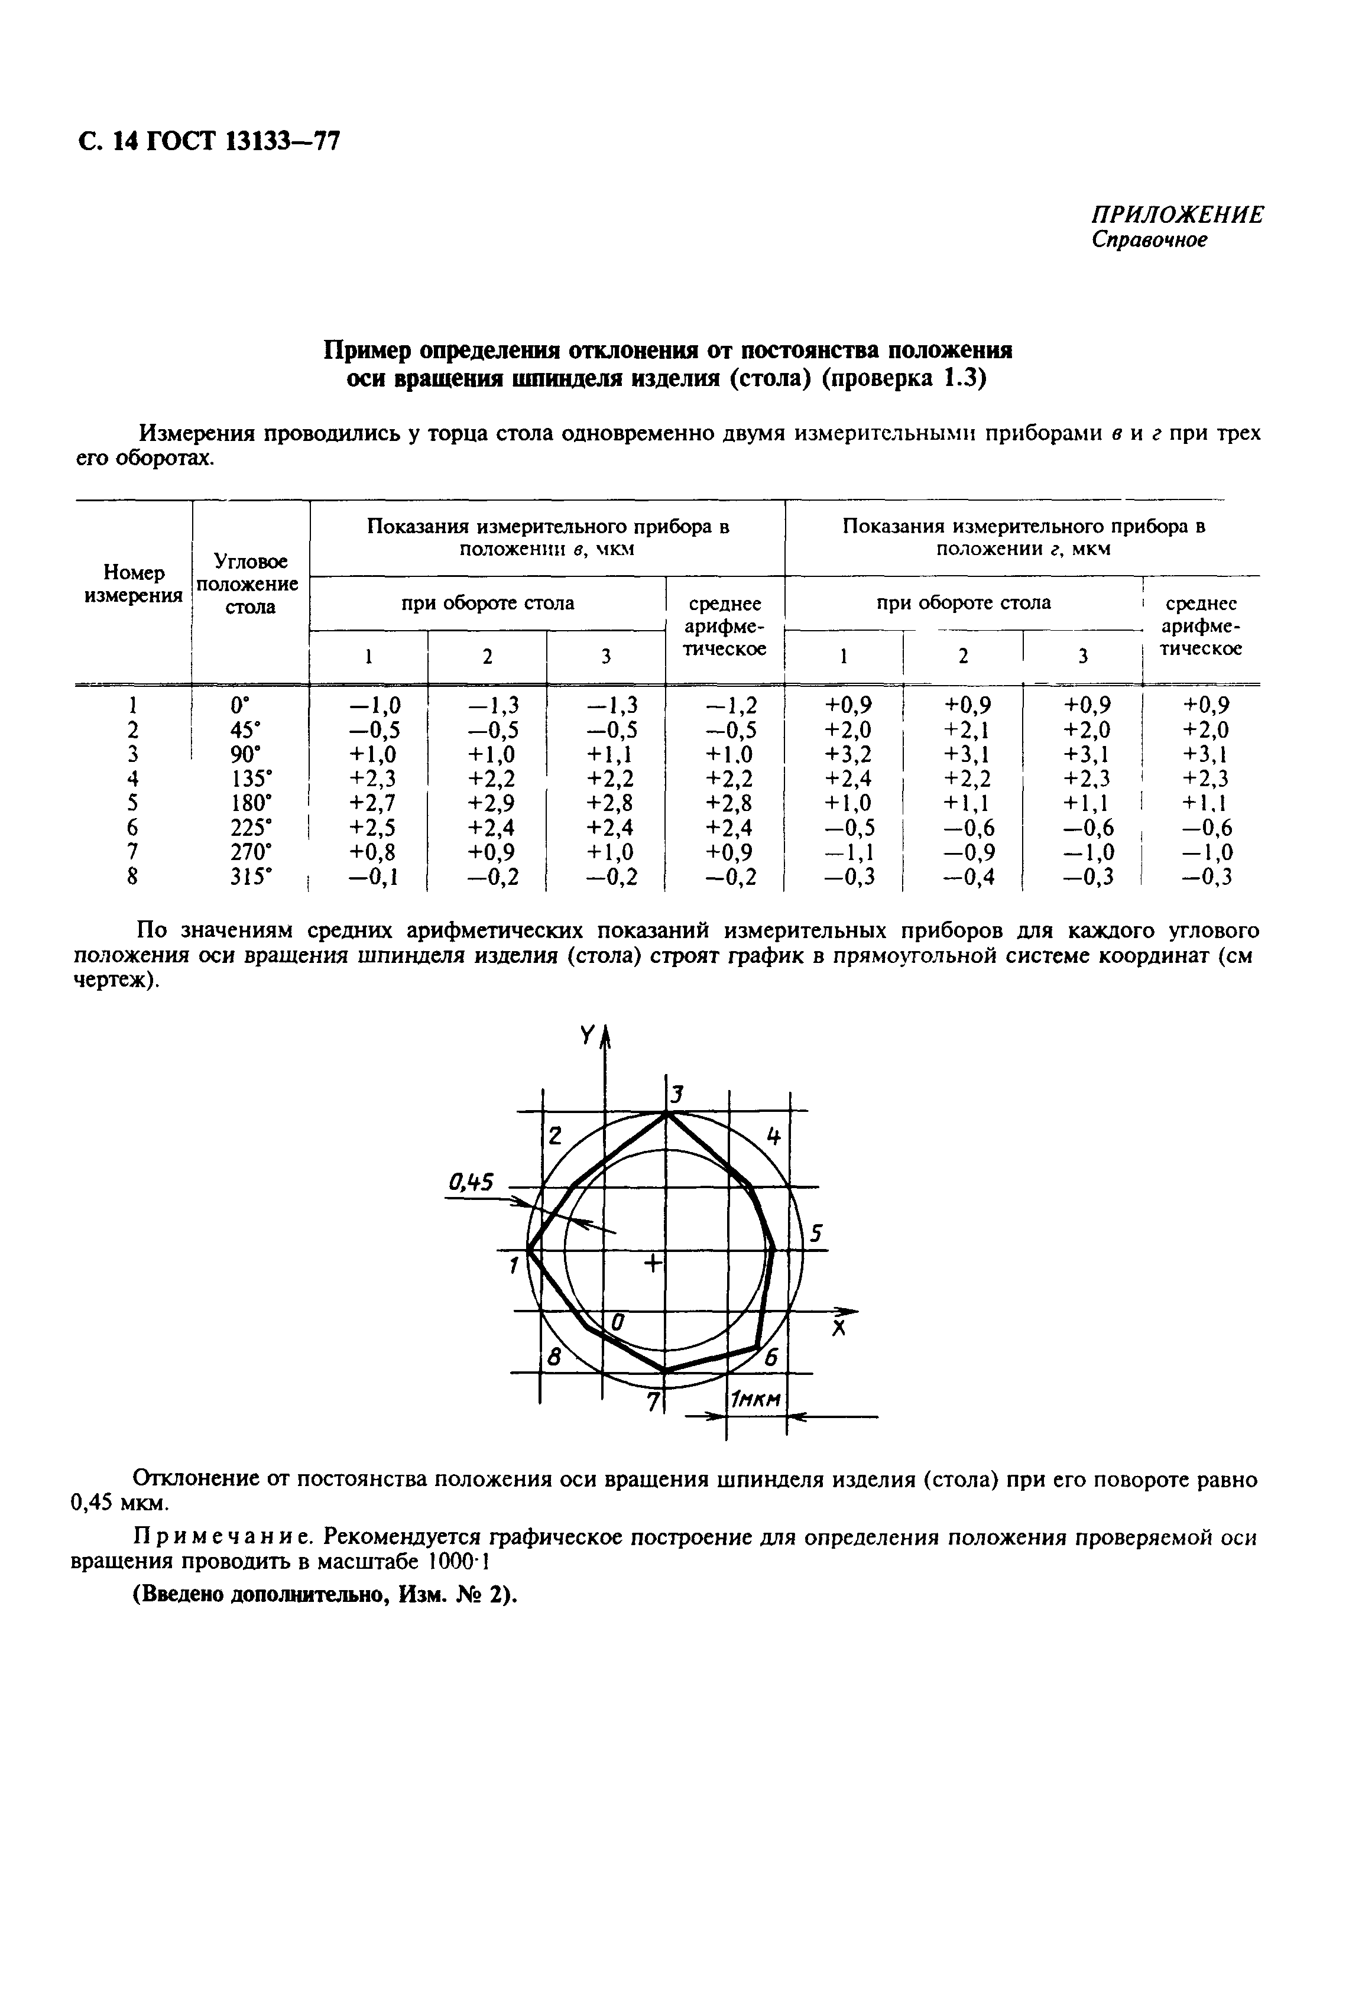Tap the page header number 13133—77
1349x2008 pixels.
coord(282,140)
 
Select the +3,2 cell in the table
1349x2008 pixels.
coord(848,754)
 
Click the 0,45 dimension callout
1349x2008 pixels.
coord(472,1184)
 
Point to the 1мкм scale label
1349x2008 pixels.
coord(755,1402)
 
